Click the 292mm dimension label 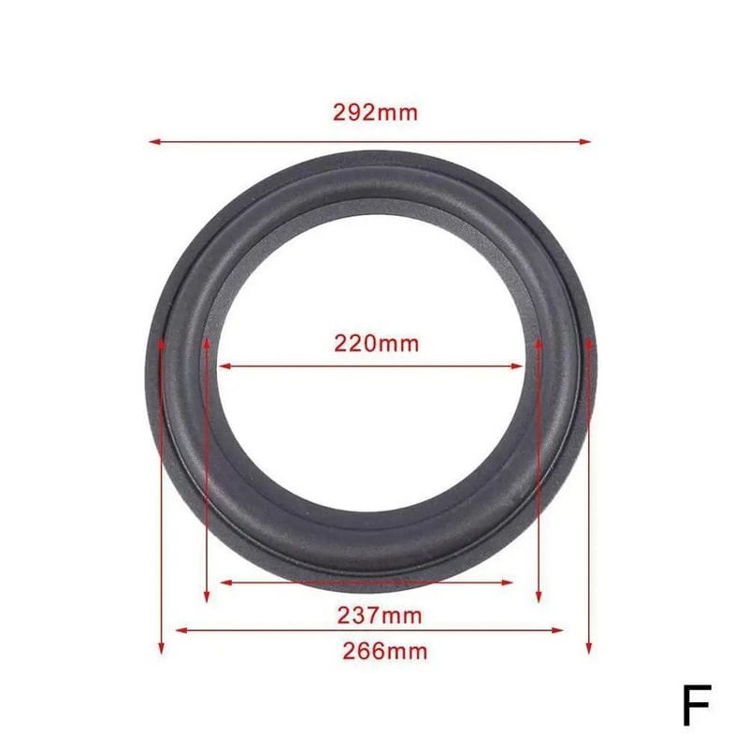pos(375,113)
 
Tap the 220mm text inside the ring pos(377,343)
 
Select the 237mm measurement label pos(379,616)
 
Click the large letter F pos(696,705)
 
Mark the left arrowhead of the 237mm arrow pos(224,583)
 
